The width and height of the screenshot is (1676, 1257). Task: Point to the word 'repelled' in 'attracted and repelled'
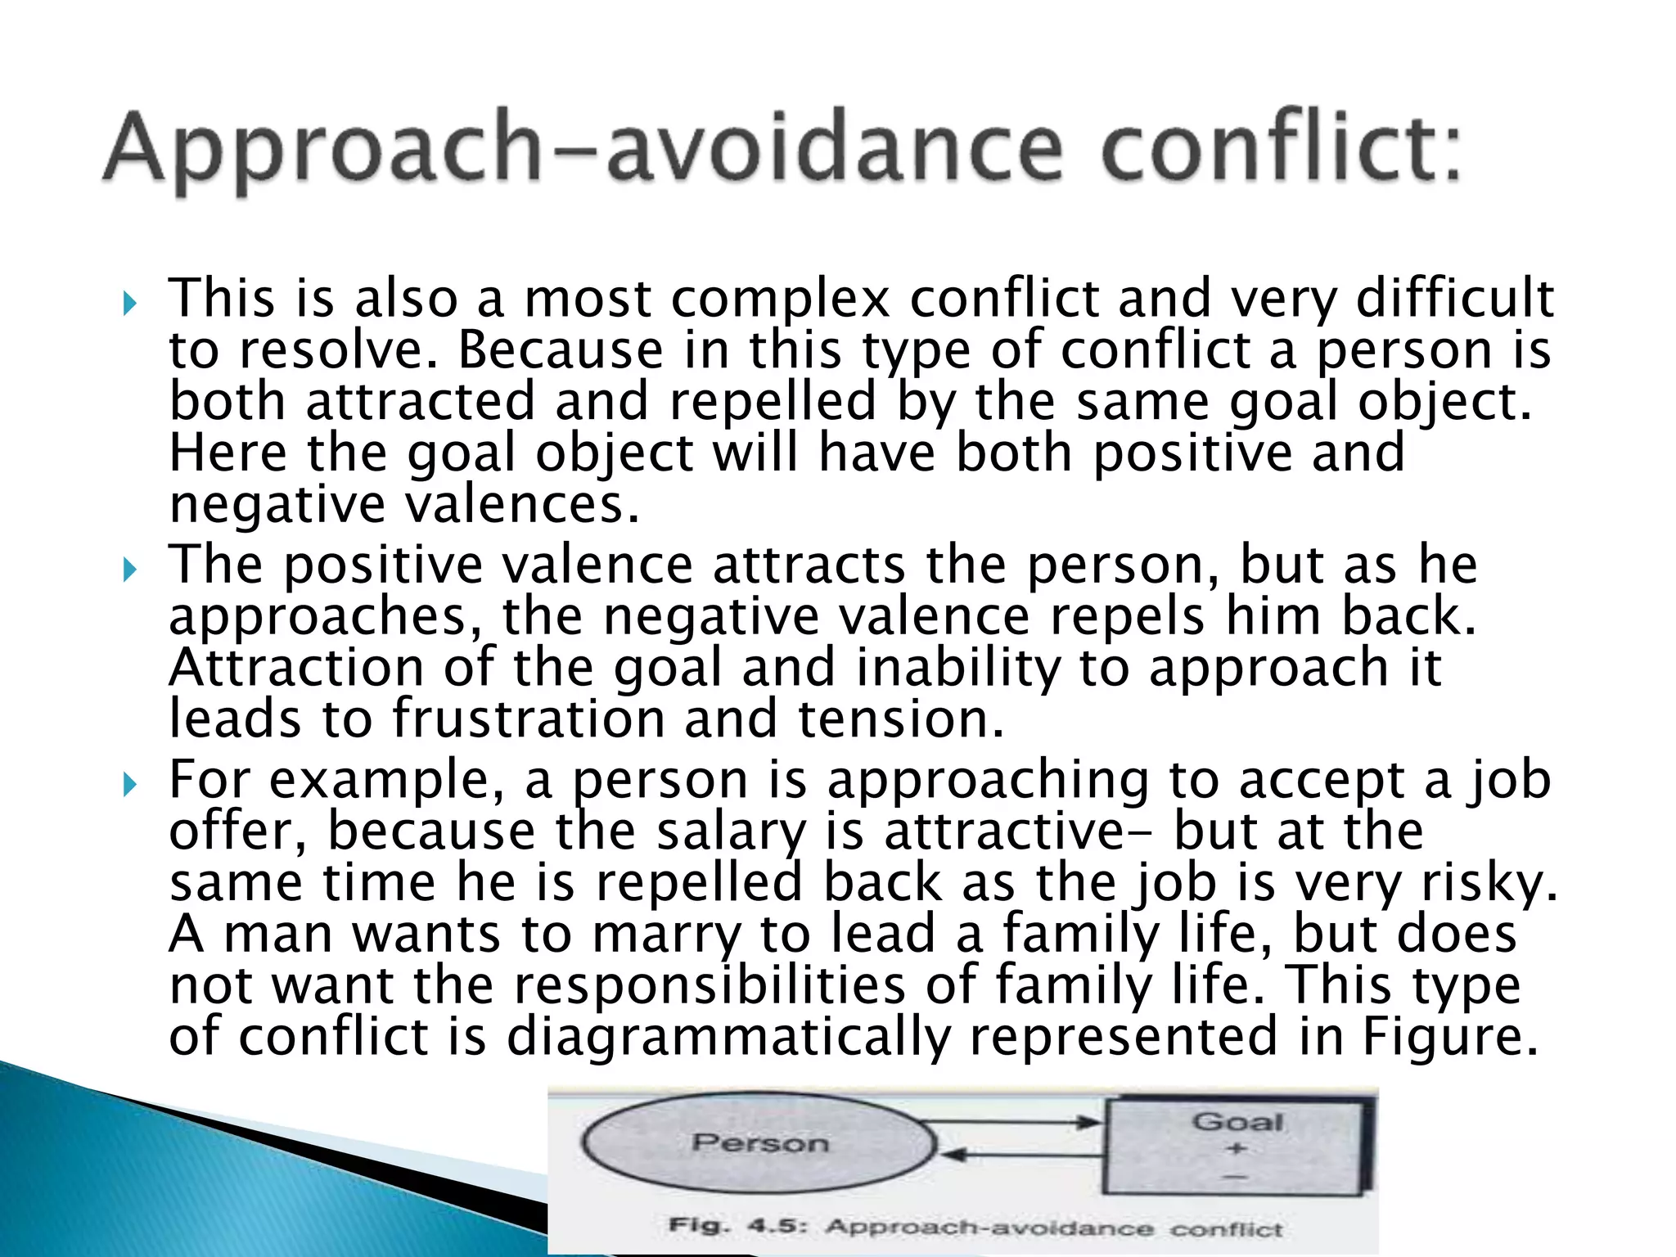(x=773, y=403)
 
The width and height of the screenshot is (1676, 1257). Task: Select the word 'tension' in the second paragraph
(x=900, y=719)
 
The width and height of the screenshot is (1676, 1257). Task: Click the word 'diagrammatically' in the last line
(x=728, y=1038)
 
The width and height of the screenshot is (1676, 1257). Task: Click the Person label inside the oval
(x=760, y=1142)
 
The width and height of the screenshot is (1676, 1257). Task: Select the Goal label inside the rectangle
(x=1237, y=1121)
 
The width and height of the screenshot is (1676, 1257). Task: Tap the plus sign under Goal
(x=1237, y=1149)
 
